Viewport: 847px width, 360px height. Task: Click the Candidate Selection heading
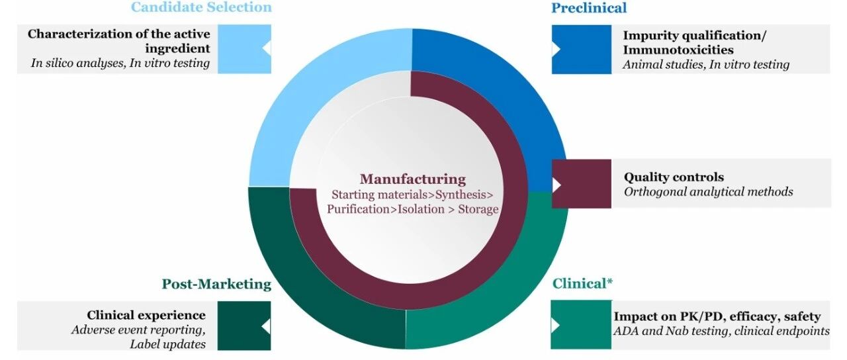tap(201, 7)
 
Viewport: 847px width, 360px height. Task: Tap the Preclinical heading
tap(589, 8)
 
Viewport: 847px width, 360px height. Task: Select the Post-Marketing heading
tap(216, 284)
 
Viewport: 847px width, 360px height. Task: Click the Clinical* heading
tap(582, 284)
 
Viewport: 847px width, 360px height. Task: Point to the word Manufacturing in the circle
tap(413, 179)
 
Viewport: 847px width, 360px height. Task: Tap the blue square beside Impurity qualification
tap(581, 49)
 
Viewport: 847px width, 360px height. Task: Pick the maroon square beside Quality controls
tap(581, 183)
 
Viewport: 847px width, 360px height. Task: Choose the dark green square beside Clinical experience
tap(245, 326)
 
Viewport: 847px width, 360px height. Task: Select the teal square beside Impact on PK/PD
tap(581, 326)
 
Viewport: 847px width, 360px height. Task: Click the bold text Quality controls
tap(674, 177)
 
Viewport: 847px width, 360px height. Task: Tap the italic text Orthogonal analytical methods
tap(708, 192)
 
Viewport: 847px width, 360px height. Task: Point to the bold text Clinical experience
tap(146, 316)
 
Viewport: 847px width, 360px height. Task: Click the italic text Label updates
tap(167, 344)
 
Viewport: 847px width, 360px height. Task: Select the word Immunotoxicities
tap(678, 50)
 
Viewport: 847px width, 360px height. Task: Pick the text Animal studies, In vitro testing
tap(706, 65)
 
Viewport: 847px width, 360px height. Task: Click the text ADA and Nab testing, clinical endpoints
tap(721, 331)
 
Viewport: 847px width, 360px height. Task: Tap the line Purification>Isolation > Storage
tap(412, 208)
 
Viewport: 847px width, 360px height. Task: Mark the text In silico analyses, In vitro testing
tap(120, 64)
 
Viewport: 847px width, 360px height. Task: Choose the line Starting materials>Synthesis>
tap(412, 195)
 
